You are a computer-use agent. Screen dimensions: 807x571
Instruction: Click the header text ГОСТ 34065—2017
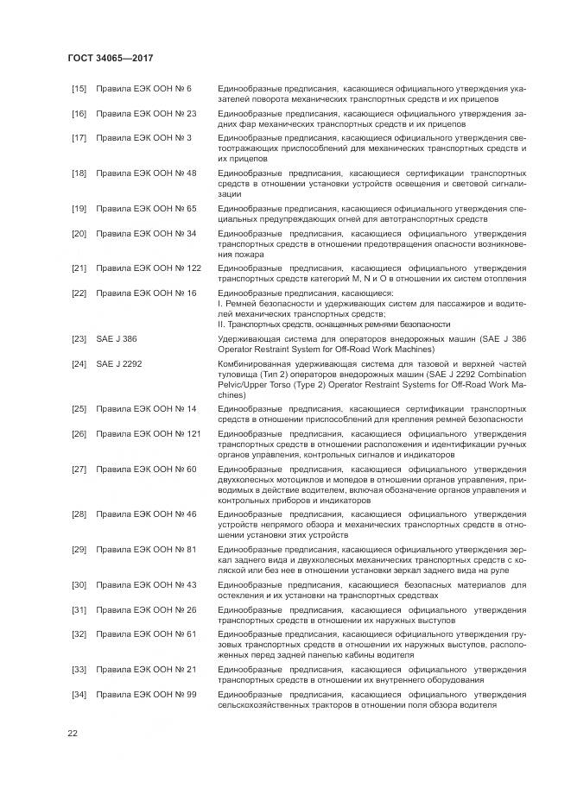point(110,59)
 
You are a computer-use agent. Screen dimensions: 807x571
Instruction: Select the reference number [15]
point(79,89)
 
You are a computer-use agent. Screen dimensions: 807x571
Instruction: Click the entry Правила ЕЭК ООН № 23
point(146,113)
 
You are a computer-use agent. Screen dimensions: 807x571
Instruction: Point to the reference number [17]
point(79,137)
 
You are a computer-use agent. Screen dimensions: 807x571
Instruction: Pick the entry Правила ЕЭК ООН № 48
point(146,173)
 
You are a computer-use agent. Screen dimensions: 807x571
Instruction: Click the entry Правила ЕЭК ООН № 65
point(146,209)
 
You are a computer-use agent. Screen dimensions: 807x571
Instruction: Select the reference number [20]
point(79,233)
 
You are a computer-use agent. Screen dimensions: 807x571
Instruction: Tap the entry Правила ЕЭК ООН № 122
point(148,268)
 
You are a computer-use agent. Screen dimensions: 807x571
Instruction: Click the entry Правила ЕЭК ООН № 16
point(146,293)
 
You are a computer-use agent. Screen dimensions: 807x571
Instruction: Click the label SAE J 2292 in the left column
point(119,363)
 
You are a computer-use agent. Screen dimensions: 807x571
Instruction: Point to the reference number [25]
point(79,408)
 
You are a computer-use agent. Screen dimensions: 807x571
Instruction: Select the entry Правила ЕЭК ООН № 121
point(148,433)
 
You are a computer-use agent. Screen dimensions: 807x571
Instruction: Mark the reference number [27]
point(79,469)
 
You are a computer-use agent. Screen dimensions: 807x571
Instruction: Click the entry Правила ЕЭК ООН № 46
point(146,514)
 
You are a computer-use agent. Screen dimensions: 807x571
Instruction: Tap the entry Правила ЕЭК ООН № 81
point(146,549)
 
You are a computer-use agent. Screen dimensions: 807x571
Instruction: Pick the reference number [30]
point(79,584)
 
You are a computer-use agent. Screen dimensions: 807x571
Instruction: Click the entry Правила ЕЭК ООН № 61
point(146,634)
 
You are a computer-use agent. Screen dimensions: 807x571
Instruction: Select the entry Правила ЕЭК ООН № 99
point(146,693)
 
